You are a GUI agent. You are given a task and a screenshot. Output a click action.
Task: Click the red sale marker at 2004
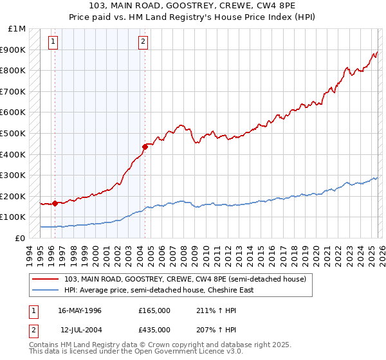click(x=145, y=147)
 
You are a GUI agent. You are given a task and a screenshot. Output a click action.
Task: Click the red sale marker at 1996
click(x=55, y=203)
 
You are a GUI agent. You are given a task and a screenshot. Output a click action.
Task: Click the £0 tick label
click(x=21, y=238)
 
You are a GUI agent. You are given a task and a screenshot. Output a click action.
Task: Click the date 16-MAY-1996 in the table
click(x=79, y=310)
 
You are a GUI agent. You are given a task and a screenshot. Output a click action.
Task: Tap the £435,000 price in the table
click(x=154, y=329)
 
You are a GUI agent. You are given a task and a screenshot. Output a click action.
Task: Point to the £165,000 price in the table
click(x=154, y=310)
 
